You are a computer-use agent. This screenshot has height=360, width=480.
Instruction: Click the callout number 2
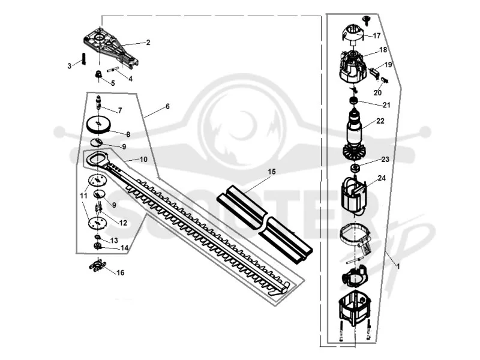(148, 43)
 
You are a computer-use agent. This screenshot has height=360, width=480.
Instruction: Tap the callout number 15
(272, 172)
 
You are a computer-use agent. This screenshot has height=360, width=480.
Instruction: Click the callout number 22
(380, 121)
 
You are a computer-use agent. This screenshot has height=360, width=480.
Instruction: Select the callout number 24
(382, 178)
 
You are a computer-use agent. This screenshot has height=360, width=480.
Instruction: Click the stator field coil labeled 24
(354, 194)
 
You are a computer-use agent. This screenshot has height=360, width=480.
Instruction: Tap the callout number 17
(377, 36)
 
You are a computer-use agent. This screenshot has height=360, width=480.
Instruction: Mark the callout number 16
(121, 273)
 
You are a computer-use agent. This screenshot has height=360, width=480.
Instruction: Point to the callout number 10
(143, 160)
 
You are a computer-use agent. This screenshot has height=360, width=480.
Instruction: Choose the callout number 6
(167, 107)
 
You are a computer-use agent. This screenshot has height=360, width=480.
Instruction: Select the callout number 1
(398, 266)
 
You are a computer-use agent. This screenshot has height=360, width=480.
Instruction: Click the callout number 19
(388, 65)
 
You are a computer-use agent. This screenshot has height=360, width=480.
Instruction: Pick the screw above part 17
(367, 19)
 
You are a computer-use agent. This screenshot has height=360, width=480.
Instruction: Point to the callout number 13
(114, 241)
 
